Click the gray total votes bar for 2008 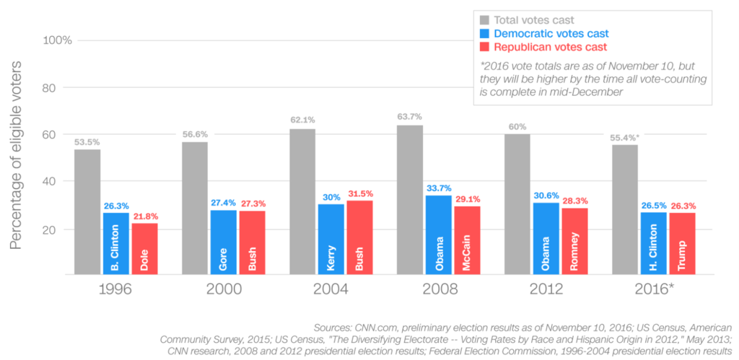(410, 200)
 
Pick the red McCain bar (468, 240)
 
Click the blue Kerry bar (331, 240)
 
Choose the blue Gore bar (224, 242)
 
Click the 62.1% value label (302, 121)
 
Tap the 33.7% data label (439, 188)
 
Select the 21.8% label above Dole (145, 216)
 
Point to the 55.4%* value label (625, 137)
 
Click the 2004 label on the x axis (331, 289)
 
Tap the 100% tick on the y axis (57, 40)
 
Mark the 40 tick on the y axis (64, 181)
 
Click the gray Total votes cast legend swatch (485, 20)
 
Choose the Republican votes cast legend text (550, 47)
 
